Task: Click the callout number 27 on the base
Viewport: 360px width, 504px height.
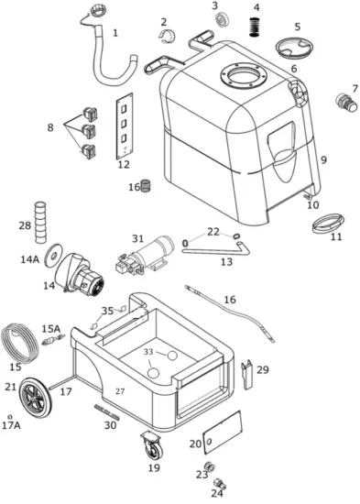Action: point(119,391)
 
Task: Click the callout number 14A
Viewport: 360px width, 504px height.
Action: point(30,260)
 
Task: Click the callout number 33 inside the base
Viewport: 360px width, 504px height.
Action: point(149,351)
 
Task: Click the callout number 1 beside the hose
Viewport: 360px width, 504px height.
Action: point(115,33)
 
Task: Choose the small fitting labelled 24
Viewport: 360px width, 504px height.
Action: point(219,482)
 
